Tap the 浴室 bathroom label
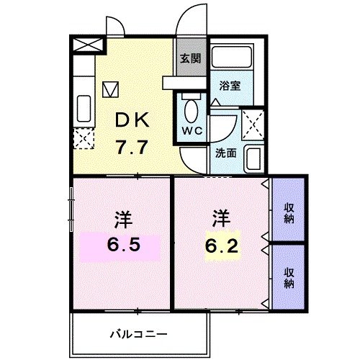tap(231, 84)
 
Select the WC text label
tap(192, 131)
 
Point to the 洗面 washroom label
tap(225, 153)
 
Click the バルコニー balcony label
tap(140, 333)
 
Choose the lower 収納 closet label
tap(289, 277)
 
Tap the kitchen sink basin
tap(84, 108)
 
